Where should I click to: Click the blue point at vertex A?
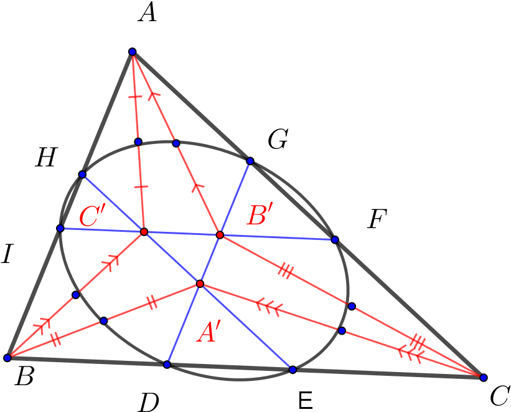133,52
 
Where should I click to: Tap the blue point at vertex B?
7,358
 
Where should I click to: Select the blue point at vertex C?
484,377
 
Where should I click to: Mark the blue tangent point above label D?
167,365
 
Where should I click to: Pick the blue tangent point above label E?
293,370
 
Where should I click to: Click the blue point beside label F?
335,239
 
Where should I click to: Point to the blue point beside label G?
250,161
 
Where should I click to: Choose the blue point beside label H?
82,175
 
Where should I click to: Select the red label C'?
93,216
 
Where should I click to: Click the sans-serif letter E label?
306,400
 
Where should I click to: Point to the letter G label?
278,139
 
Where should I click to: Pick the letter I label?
7,255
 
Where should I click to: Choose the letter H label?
46,157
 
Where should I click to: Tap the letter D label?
149,402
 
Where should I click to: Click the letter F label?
377,219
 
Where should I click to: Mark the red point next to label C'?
144,232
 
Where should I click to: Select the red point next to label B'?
220,235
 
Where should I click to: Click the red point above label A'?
200,284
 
